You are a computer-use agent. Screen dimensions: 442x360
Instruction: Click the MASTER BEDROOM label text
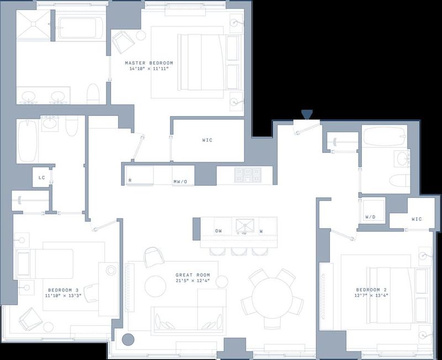pos(149,63)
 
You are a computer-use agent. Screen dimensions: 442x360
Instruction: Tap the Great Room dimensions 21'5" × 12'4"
pos(192,280)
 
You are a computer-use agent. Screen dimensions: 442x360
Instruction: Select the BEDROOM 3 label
pos(63,290)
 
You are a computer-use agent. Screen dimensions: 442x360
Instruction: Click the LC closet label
pos(41,177)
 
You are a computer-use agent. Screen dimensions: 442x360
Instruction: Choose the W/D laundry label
pos(370,217)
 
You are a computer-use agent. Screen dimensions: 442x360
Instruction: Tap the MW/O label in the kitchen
pos(180,182)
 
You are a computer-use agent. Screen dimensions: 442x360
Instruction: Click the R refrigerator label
pos(130,181)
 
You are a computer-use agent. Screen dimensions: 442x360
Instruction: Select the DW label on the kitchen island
pos(218,231)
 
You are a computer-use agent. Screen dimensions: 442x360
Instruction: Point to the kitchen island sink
pos(245,226)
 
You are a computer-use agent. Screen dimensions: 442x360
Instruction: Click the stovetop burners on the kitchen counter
pos(248,174)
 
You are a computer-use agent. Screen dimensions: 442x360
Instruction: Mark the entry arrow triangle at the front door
pos(307,114)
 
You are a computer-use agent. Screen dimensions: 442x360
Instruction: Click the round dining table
pos(272,298)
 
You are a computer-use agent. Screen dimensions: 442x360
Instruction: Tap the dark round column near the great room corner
pos(128,340)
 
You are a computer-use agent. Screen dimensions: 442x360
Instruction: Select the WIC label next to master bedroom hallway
pos(207,140)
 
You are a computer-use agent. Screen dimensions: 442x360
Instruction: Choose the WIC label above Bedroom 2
pos(417,219)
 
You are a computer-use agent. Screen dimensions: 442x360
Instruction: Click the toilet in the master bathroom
pos(93,94)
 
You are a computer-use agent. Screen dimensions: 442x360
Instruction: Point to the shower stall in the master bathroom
pos(34,24)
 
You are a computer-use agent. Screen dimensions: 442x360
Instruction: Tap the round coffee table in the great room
pos(155,286)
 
